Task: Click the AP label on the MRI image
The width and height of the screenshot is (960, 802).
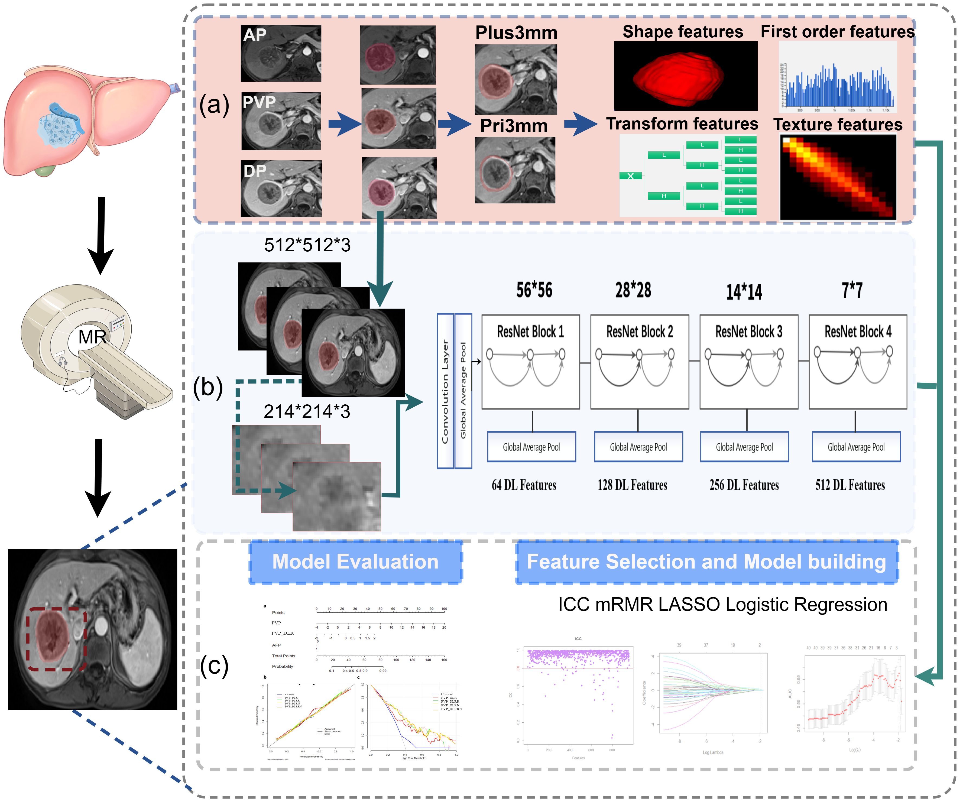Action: [255, 35]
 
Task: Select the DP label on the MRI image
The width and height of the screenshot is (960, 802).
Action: [255, 171]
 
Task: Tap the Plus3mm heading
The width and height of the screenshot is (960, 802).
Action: [516, 33]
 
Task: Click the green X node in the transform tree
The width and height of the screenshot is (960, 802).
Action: [630, 176]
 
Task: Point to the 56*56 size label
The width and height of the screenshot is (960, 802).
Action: [534, 290]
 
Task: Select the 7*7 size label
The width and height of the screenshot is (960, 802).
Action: [852, 290]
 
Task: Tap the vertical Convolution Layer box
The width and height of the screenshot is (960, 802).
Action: [445, 391]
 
